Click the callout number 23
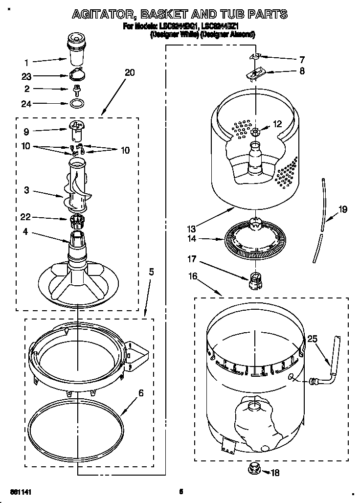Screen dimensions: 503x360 pyautogui.click(x=27, y=76)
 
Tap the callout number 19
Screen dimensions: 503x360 pyautogui.click(x=343, y=210)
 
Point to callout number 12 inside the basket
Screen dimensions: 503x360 pyautogui.click(x=277, y=124)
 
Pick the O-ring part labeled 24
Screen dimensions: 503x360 pyautogui.click(x=75, y=104)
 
